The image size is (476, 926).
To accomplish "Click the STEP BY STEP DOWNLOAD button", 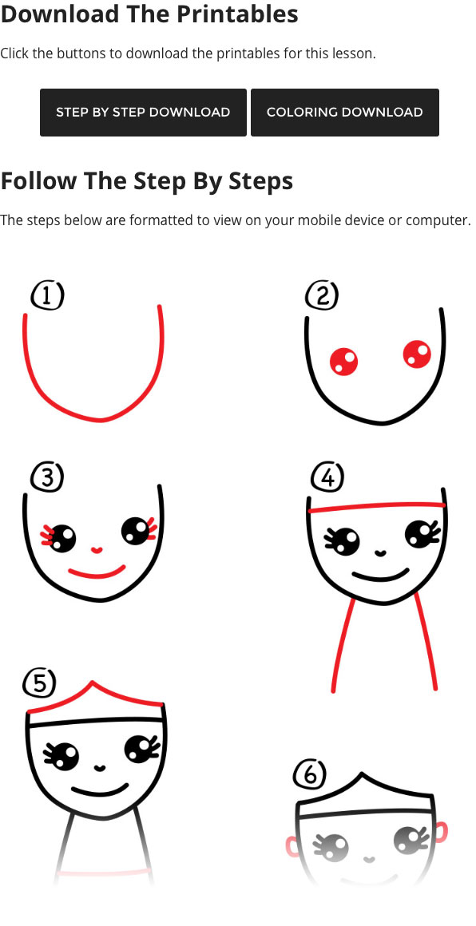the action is (143, 113).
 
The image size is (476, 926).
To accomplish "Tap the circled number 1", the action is (47, 295).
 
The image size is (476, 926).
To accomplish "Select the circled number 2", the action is (322, 295).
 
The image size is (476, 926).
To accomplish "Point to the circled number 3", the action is (47, 477).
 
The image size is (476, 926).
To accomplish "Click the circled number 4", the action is (327, 477).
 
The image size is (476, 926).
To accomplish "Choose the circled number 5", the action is (40, 683).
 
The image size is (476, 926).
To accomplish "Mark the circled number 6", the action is (310, 774).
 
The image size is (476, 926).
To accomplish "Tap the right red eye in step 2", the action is (417, 354).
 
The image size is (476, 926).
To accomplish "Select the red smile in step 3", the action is (97, 574).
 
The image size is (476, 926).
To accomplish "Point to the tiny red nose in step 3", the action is (97, 550).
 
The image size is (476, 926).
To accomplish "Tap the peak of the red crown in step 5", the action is (92, 683).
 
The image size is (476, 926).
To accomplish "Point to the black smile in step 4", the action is (381, 576).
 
